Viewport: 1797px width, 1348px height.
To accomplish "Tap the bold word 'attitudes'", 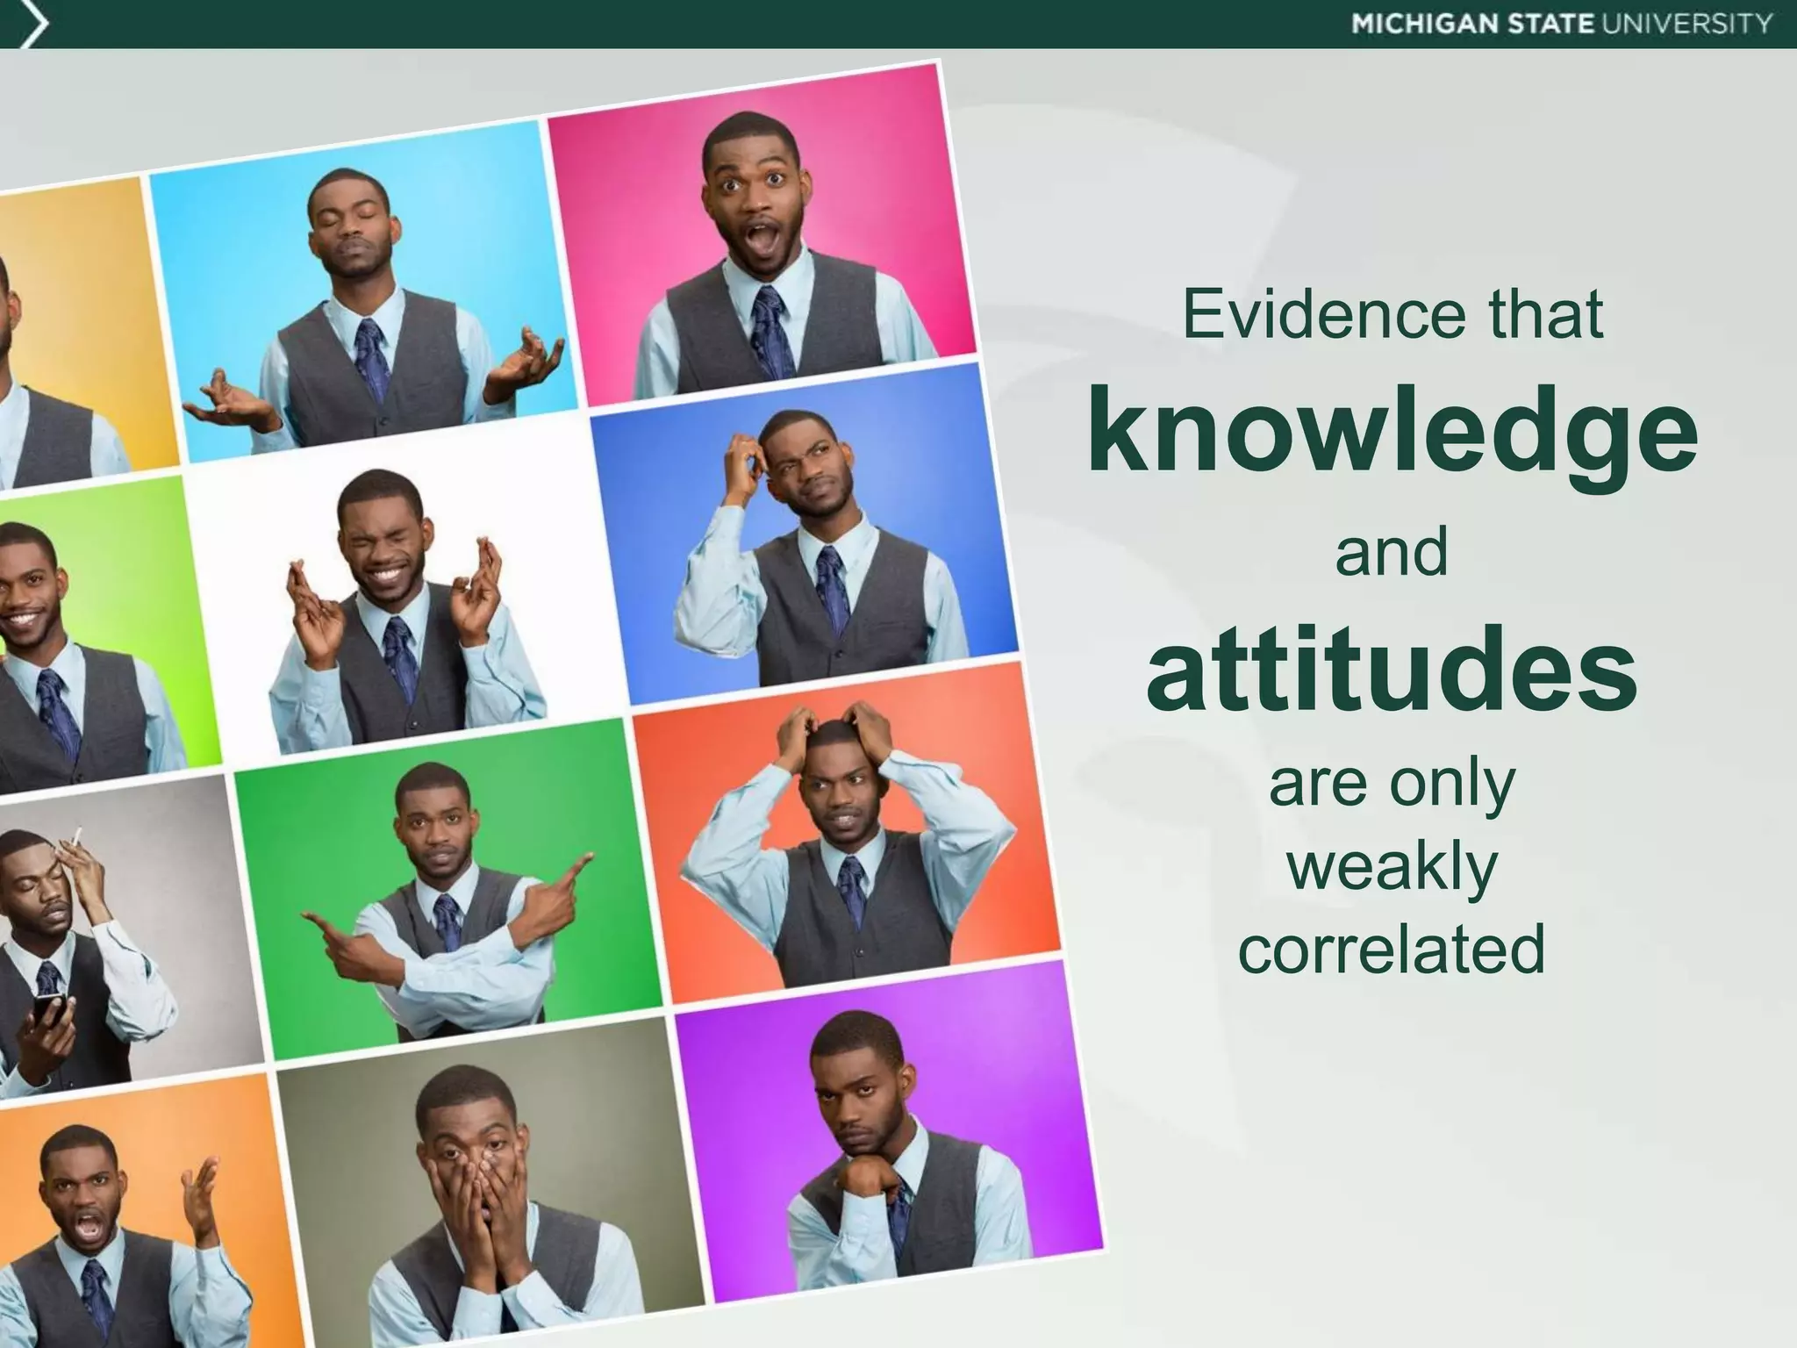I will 1392,673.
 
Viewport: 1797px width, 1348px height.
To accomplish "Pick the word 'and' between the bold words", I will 1392,553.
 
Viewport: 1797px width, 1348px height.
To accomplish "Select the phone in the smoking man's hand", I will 48,1011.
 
